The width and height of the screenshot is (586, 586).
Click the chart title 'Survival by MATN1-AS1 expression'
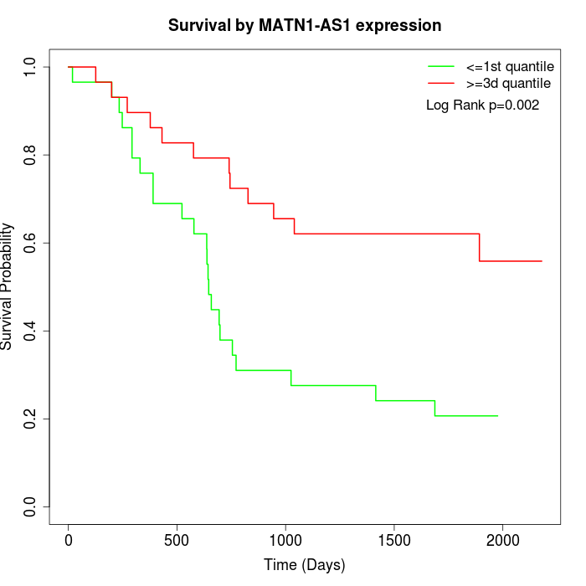tap(305, 25)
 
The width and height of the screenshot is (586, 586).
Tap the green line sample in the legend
tap(441, 66)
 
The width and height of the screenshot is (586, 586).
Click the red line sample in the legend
tap(441, 83)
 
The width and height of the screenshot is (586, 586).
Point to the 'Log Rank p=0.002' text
tap(482, 105)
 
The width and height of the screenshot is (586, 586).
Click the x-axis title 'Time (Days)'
tap(305, 565)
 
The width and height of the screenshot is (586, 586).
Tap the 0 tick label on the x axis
tap(69, 540)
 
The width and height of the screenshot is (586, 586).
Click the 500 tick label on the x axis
tap(177, 540)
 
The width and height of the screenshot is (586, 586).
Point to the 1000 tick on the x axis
tap(285, 540)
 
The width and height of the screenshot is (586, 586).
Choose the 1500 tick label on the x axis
tap(394, 540)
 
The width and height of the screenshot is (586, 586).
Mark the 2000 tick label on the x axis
tap(502, 540)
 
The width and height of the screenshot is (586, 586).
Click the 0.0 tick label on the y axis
tap(31, 506)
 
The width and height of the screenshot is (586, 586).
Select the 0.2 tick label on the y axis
tap(31, 419)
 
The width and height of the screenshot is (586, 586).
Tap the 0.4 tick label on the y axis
tap(31, 331)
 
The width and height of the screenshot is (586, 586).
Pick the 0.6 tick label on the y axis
tap(31, 243)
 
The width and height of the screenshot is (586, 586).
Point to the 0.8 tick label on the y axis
tap(31, 155)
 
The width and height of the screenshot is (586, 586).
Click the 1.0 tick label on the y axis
tap(31, 67)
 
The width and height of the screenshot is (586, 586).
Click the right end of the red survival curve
tap(542, 261)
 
